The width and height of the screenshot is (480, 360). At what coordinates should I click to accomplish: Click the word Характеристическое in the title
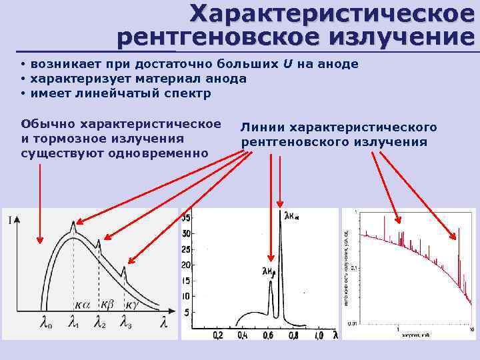pos(333,13)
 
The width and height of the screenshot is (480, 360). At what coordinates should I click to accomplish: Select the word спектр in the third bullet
pos(187,93)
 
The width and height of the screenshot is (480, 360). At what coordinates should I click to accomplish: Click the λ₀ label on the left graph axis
pos(46,324)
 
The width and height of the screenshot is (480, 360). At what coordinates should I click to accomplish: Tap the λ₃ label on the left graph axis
pos(126,324)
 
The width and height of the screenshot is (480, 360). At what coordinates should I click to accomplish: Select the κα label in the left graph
pos(82,304)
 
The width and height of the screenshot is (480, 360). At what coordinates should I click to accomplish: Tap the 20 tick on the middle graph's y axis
pos(187,265)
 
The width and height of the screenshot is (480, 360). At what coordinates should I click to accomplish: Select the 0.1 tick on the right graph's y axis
pos(355,267)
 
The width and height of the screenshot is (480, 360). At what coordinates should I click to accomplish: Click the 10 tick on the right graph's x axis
pos(471,329)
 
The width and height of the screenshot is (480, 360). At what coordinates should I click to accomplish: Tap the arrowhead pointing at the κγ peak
pos(128,263)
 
